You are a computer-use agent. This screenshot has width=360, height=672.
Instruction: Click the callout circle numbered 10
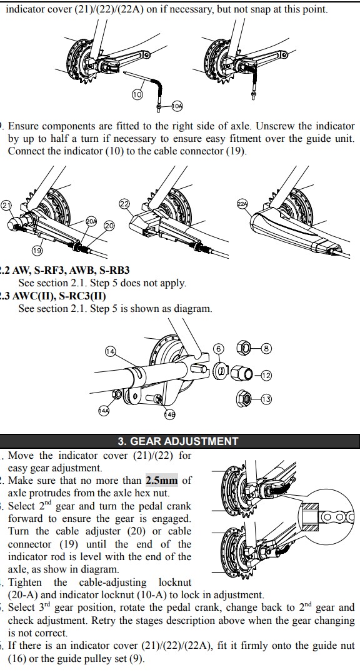pyautogui.click(x=137, y=95)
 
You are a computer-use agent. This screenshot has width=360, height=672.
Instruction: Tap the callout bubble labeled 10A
pyautogui.click(x=177, y=106)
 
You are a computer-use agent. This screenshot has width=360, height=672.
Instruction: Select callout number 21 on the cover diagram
pyautogui.click(x=6, y=205)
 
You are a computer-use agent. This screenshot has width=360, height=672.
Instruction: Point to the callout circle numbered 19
pyautogui.click(x=36, y=250)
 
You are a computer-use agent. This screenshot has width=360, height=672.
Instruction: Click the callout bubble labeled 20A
pyautogui.click(x=91, y=221)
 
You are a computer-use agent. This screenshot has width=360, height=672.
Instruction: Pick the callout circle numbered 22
pyautogui.click(x=124, y=204)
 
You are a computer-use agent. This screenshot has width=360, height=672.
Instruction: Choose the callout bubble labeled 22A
pyautogui.click(x=242, y=204)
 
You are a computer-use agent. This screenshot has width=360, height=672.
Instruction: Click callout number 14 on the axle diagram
pyautogui.click(x=110, y=351)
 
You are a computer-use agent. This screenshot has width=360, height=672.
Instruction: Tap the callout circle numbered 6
pyautogui.click(x=219, y=349)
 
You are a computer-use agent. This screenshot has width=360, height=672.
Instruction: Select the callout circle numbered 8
pyautogui.click(x=267, y=348)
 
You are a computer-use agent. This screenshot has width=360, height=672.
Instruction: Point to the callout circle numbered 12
pyautogui.click(x=266, y=376)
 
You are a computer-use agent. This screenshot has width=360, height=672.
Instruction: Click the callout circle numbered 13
pyautogui.click(x=266, y=399)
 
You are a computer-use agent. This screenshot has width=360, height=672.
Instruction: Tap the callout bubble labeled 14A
pyautogui.click(x=104, y=411)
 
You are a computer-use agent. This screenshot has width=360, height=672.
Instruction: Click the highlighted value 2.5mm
pyautogui.click(x=162, y=481)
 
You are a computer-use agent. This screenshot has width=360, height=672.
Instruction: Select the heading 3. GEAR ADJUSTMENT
pyautogui.click(x=178, y=441)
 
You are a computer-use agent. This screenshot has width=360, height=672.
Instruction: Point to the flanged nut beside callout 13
pyautogui.click(x=243, y=399)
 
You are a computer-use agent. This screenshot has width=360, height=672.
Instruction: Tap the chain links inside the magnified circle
pyautogui.click(x=339, y=518)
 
